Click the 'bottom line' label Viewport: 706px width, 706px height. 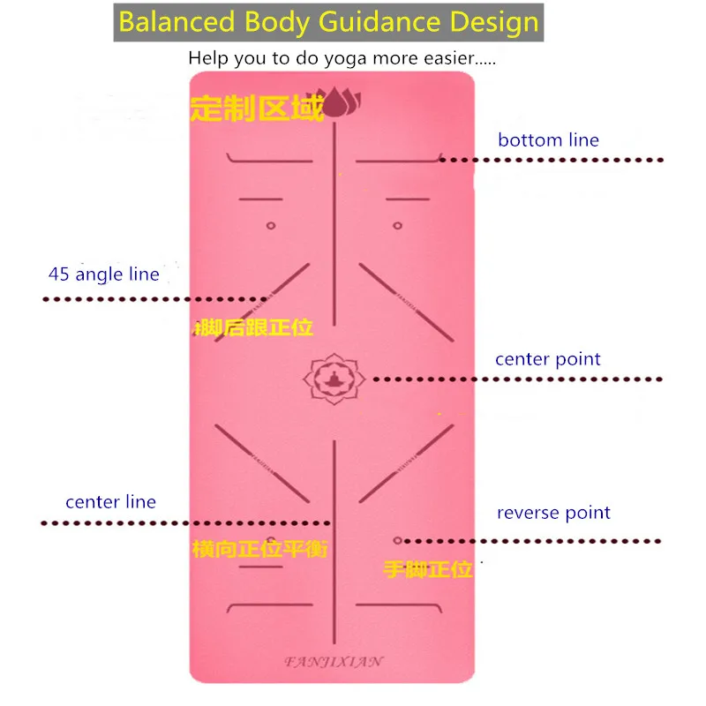click(548, 140)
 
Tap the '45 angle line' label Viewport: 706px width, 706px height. click(104, 274)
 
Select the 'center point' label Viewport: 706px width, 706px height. click(547, 360)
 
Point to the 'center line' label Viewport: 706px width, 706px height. click(110, 502)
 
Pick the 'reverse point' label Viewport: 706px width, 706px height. click(553, 514)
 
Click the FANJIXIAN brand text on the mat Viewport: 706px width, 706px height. click(334, 659)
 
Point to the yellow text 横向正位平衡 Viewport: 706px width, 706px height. click(260, 549)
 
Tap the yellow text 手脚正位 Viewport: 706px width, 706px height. click(427, 569)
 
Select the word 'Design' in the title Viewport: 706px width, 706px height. click(495, 22)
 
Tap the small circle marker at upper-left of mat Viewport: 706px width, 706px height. click(271, 226)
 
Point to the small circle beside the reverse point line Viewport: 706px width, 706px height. click(397, 540)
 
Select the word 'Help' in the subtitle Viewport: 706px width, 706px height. click(207, 60)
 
